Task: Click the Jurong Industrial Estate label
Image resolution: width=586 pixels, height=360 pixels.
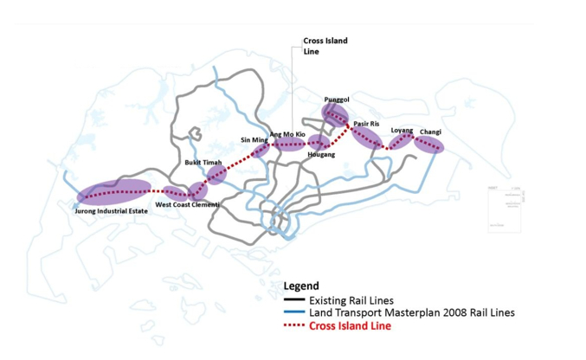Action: tap(109, 210)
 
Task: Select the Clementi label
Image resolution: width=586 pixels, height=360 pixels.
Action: tap(206, 205)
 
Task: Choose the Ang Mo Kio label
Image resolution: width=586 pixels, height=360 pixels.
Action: tap(287, 134)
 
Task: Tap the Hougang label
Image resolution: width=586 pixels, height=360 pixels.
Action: tap(321, 154)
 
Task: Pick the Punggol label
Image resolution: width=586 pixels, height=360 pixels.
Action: tap(337, 100)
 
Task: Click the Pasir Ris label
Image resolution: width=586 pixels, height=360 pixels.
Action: tap(367, 124)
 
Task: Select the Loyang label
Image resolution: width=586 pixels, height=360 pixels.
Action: tap(402, 130)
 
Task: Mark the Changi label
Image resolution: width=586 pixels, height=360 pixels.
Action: tap(430, 132)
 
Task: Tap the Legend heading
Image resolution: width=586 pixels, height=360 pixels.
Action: tap(301, 286)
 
